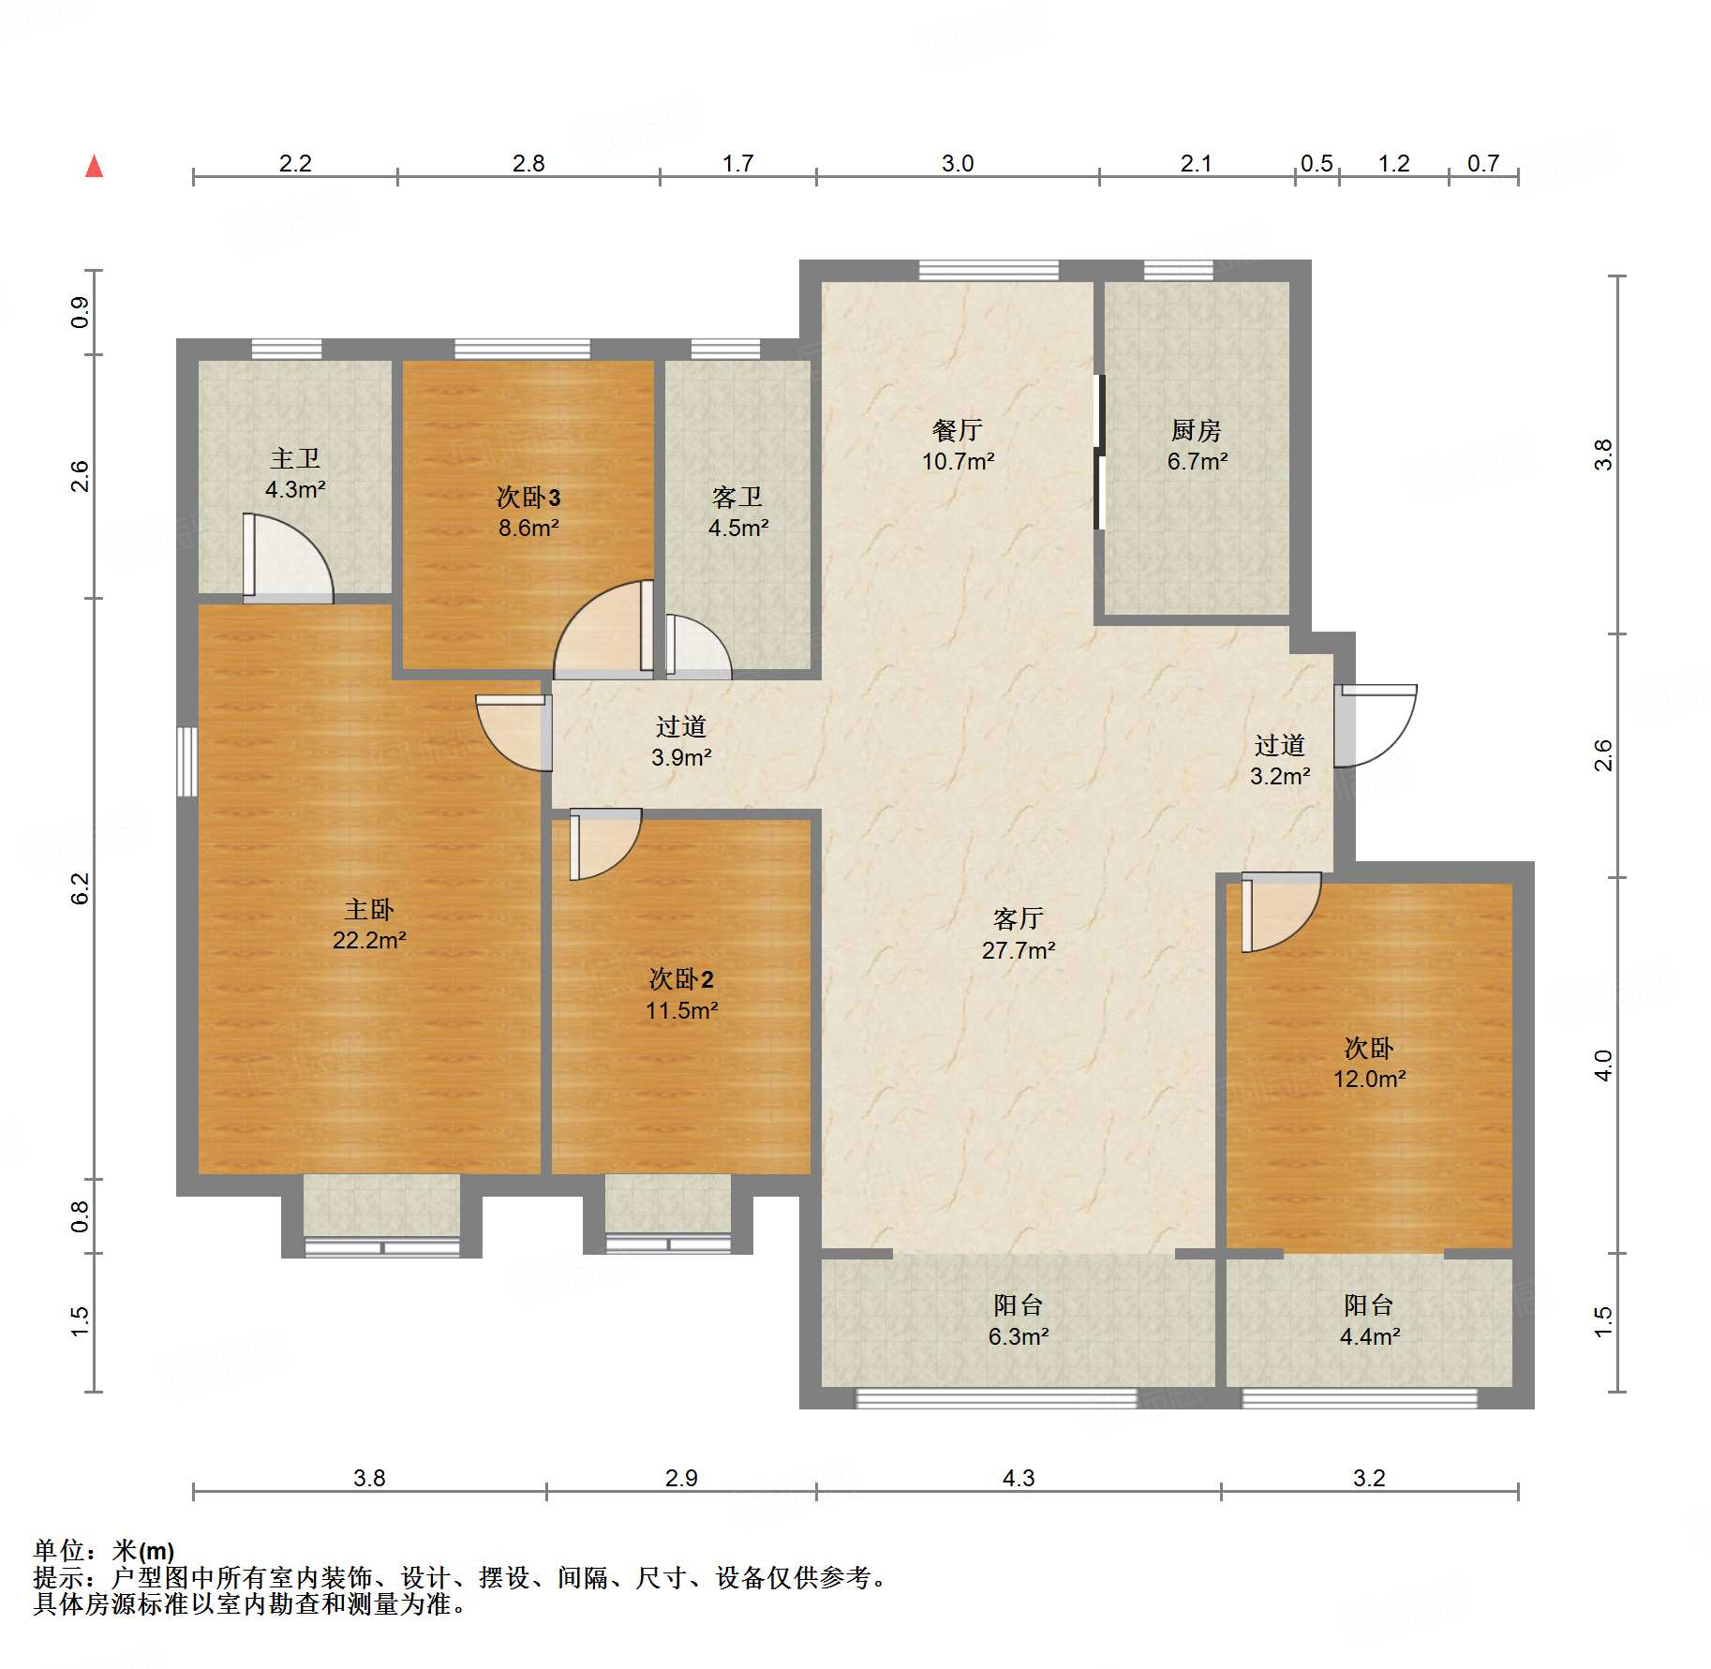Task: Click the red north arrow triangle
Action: pyautogui.click(x=95, y=166)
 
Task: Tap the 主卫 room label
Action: pyautogui.click(x=295, y=458)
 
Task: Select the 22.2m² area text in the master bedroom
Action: pyautogui.click(x=369, y=940)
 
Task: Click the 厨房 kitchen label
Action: pyautogui.click(x=1197, y=430)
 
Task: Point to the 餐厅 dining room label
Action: pyautogui.click(x=958, y=430)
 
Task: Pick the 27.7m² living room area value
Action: pyautogui.click(x=1019, y=950)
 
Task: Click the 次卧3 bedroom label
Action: pyautogui.click(x=528, y=497)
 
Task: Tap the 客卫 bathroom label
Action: pyautogui.click(x=737, y=497)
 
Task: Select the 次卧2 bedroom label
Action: pyautogui.click(x=681, y=979)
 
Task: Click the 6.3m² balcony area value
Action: pyautogui.click(x=1019, y=1336)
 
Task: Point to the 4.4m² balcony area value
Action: pyautogui.click(x=1370, y=1336)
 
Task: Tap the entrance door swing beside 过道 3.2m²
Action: pyautogui.click(x=1376, y=726)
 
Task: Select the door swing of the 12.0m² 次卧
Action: pyautogui.click(x=1281, y=913)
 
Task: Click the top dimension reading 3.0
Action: pyautogui.click(x=958, y=163)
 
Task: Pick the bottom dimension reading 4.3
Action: pyautogui.click(x=1019, y=1478)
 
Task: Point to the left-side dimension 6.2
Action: pyautogui.click(x=81, y=888)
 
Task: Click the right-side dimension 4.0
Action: pyautogui.click(x=1603, y=1065)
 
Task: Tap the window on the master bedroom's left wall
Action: pyautogui.click(x=187, y=762)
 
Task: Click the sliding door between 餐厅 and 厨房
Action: pyautogui.click(x=1100, y=453)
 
